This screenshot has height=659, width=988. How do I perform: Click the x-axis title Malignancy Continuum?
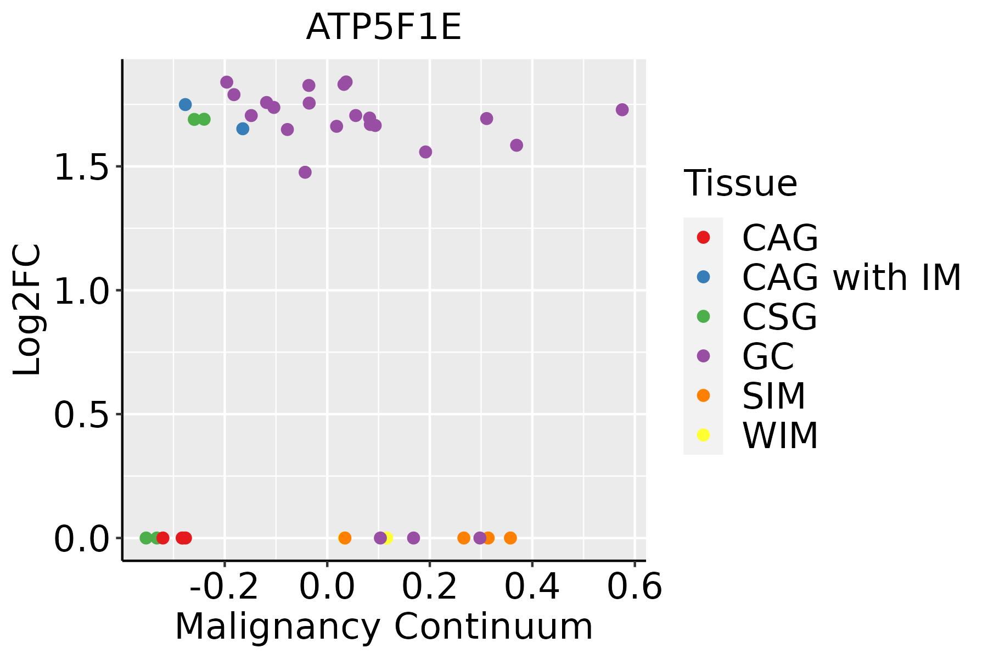[384, 627]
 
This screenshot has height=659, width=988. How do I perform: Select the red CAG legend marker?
[703, 237]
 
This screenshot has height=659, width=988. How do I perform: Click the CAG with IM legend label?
[851, 277]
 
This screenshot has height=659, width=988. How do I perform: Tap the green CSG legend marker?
[703, 316]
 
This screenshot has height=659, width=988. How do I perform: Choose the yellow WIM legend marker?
[703, 435]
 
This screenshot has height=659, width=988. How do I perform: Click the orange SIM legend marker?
[703, 395]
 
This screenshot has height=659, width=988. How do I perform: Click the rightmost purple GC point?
[622, 110]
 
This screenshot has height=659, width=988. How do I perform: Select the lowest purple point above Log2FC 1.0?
[305, 172]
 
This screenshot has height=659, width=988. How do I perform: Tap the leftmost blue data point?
[185, 104]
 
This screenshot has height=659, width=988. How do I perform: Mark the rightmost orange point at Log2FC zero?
[510, 538]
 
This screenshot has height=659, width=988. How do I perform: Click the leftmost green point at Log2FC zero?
[146, 538]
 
